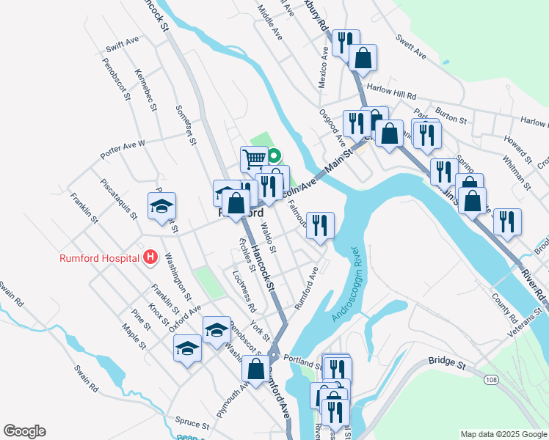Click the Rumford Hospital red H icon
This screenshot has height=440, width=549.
tap(150, 257)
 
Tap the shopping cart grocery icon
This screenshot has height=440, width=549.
tap(254, 158)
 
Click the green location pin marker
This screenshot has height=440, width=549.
tap(273, 156)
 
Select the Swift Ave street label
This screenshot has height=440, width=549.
tap(122, 45)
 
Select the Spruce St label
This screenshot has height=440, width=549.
tap(193, 421)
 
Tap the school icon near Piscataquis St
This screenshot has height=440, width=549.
tap(161, 205)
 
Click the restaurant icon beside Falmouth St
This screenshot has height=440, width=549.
tap(320, 224)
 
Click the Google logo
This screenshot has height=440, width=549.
tap(24, 431)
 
